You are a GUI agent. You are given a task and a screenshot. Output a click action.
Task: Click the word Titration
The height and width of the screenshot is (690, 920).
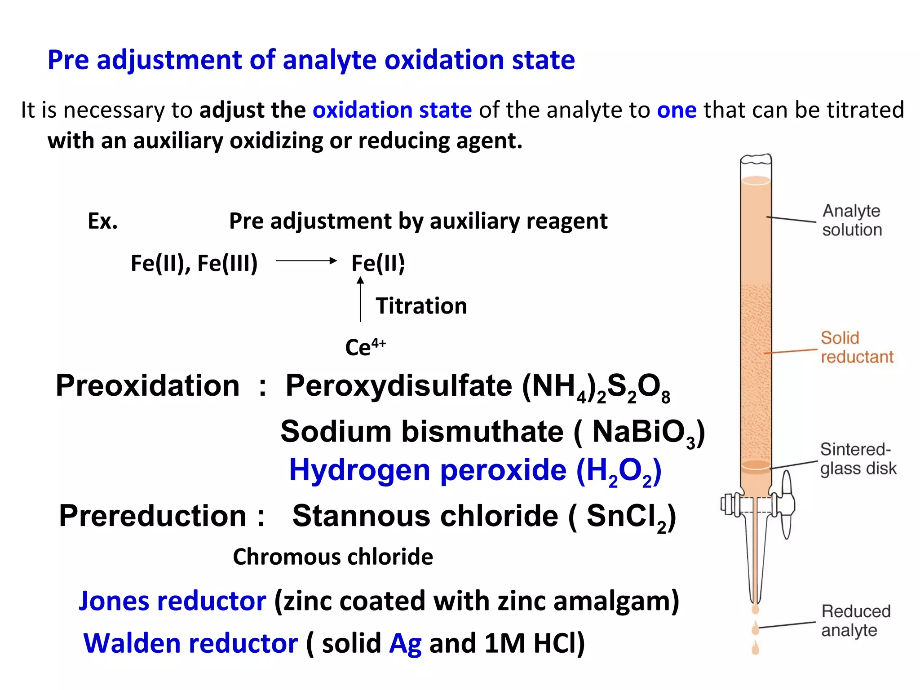(421, 306)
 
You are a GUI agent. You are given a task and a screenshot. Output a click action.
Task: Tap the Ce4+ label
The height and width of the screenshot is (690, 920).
(365, 347)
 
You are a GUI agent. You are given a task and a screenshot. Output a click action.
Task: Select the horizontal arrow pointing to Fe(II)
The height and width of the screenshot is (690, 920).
(306, 261)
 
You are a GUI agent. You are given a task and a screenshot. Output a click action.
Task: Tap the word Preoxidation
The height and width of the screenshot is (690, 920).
(148, 386)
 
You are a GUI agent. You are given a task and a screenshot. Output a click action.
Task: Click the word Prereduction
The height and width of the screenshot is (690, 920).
(153, 516)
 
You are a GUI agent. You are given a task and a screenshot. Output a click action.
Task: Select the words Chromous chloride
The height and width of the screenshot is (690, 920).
(333, 557)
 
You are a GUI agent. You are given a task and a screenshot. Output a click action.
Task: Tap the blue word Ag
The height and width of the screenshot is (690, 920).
(405, 643)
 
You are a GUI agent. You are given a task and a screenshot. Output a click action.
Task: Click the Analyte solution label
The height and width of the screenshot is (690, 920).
(852, 220)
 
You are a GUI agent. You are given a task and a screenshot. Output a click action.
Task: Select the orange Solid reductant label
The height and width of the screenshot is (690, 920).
(856, 347)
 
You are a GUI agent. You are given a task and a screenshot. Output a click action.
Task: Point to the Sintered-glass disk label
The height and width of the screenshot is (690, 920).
(858, 459)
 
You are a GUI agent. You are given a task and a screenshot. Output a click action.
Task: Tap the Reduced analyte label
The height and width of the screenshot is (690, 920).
(855, 620)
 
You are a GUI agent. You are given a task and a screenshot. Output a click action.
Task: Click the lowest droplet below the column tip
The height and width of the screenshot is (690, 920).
(756, 648)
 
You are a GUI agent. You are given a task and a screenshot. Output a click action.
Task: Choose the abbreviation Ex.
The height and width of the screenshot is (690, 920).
(103, 221)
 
